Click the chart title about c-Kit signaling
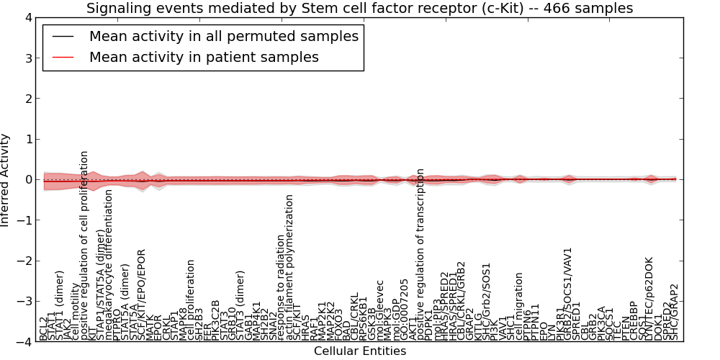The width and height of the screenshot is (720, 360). pos(359,9)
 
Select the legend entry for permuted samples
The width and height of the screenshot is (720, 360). pos(223,36)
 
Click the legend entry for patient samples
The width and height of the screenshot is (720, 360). pos(204,57)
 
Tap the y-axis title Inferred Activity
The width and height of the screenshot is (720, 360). pos(6,180)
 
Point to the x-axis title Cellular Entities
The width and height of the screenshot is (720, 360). pos(359,351)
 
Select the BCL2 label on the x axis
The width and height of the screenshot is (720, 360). pos(44,328)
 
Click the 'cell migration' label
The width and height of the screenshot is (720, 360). pos(520,307)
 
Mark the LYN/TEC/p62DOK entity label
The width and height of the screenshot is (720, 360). pos(649,299)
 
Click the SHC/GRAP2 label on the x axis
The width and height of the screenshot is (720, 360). pos(675,312)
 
